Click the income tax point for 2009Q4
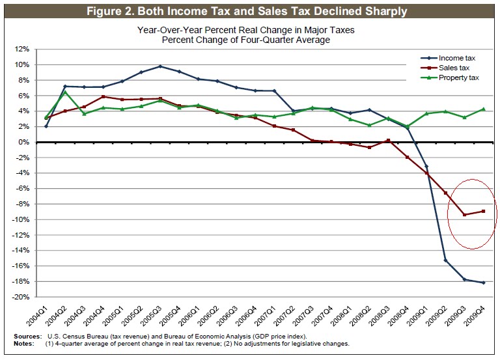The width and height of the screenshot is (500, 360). pos(484,283)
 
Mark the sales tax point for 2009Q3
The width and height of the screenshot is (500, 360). pos(464,215)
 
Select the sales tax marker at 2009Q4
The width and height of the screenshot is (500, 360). pos(484,211)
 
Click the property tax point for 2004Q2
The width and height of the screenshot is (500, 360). pos(65,92)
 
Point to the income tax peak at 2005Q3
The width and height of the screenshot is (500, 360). pos(160,66)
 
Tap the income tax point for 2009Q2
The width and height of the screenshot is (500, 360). pos(445,260)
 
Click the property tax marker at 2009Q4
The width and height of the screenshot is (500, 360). pos(484,109)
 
